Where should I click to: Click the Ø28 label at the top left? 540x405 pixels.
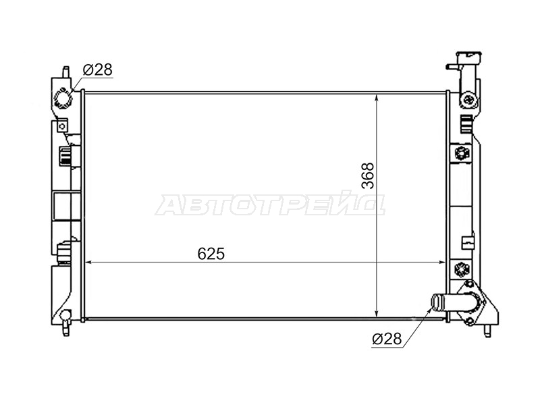[x=97, y=70]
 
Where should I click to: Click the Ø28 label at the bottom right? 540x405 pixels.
[x=387, y=339]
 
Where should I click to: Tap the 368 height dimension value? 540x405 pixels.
[x=368, y=175]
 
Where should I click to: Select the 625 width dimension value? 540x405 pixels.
[x=211, y=254]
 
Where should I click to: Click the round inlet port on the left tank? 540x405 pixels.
[x=63, y=99]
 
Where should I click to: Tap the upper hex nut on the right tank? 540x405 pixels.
[x=460, y=153]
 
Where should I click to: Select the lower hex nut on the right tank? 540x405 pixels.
[x=460, y=268]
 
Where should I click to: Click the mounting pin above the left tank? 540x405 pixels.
[x=65, y=72]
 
